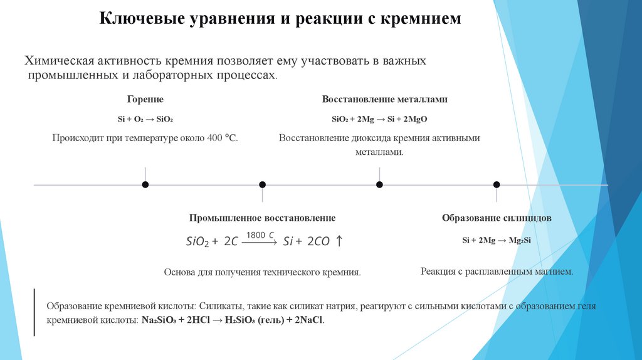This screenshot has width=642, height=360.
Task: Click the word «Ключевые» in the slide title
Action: tap(133, 19)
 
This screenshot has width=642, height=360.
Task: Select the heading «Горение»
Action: tap(145, 99)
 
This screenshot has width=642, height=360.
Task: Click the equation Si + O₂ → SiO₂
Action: tap(145, 119)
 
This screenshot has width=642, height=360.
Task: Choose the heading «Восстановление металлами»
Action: tap(384, 99)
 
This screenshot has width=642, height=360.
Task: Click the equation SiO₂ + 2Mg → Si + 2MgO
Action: tap(379, 119)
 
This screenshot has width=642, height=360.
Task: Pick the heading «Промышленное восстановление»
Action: tap(262, 218)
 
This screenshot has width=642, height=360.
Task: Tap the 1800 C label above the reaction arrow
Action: tap(260, 235)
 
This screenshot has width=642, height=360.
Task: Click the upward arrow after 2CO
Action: tap(339, 241)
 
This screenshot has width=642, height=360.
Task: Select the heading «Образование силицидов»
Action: tap(497, 218)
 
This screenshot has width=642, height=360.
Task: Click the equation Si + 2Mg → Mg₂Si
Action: tap(497, 240)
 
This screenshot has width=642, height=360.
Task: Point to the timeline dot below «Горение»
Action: tap(145, 184)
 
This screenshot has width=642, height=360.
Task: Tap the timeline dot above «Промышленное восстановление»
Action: tap(262, 184)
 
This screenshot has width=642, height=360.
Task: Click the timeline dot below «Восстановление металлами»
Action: tap(379, 184)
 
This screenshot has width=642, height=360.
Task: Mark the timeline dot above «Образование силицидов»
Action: tap(497, 184)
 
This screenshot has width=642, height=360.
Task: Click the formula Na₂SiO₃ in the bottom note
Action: tap(160, 319)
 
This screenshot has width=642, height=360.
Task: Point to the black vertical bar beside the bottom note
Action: tap(34, 312)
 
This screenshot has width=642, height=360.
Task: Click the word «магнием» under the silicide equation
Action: tap(551, 272)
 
